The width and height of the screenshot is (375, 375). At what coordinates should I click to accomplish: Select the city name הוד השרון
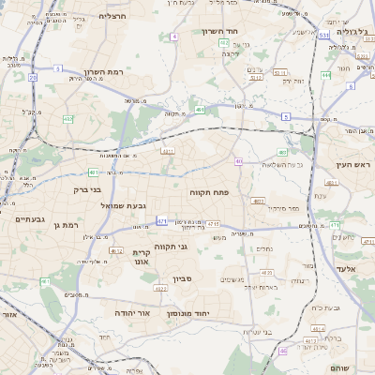click(x=221, y=31)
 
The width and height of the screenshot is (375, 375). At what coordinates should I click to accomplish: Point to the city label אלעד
click(x=352, y=267)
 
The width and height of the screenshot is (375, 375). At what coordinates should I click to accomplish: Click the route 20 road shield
click(x=32, y=78)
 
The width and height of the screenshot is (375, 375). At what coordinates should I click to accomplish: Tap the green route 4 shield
click(x=174, y=37)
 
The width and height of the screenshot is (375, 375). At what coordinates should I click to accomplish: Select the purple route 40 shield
click(x=239, y=162)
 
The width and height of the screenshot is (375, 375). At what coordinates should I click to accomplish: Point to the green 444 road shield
click(x=325, y=74)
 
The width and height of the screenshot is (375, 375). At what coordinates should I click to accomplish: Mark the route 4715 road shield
click(x=213, y=224)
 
